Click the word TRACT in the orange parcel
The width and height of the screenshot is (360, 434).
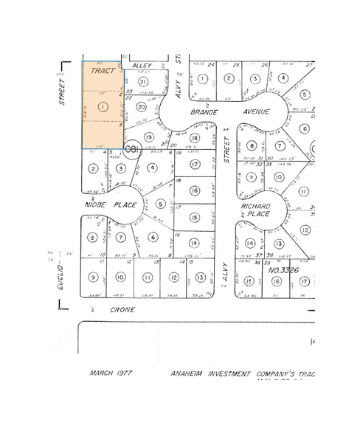(103, 71)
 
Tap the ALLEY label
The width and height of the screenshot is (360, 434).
(142, 66)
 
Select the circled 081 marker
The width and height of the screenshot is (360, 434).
(132, 150)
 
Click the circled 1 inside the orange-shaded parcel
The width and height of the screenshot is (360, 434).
(103, 107)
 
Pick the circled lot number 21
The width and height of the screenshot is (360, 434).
(143, 81)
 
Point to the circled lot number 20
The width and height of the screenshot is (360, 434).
(142, 106)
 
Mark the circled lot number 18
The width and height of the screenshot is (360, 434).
(195, 138)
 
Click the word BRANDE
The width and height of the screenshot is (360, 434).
(204, 111)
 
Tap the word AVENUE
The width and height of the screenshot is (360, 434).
(253, 111)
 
